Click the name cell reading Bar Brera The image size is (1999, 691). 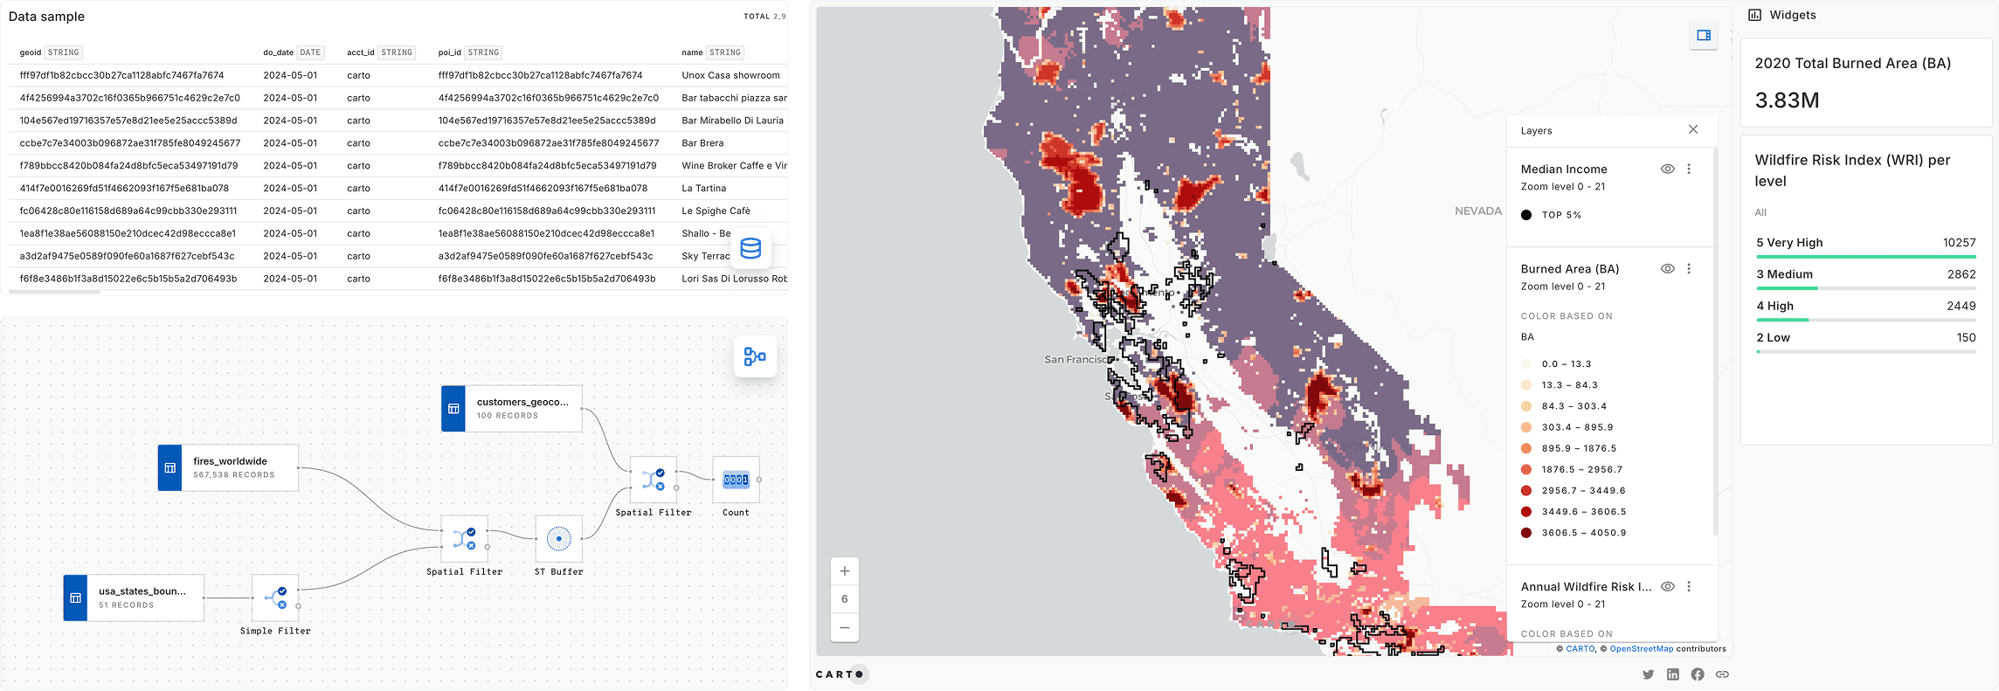(702, 143)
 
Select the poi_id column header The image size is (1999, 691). (449, 52)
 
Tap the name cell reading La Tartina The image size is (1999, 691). (703, 188)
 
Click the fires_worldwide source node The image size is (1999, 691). (228, 467)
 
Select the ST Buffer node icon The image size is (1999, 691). (558, 539)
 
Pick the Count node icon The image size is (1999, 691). (736, 480)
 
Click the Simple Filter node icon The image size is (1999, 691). (275, 598)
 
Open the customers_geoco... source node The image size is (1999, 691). (511, 408)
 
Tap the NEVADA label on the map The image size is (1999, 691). (1477, 211)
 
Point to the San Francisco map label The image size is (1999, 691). (1077, 359)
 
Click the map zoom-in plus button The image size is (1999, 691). (845, 571)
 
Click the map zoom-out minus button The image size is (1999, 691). (845, 627)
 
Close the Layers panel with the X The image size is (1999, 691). (1693, 129)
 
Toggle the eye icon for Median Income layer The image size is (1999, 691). (1667, 169)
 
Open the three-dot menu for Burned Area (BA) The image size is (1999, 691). (1689, 269)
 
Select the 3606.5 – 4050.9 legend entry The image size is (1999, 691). (1583, 533)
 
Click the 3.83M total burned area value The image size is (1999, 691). (1787, 100)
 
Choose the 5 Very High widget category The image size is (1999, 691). (1789, 243)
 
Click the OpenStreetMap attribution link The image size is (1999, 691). (1641, 649)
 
